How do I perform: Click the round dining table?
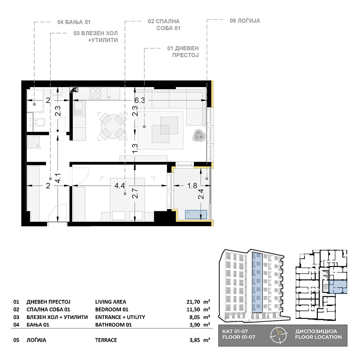tap(113, 126)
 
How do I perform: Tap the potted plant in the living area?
tap(198, 136)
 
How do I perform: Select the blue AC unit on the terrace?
tap(196, 215)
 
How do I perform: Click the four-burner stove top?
tap(95, 93)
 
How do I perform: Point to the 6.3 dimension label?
tap(140, 100)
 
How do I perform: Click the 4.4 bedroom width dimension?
tap(120, 186)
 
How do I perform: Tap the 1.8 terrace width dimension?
tap(192, 185)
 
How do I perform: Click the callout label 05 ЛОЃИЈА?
tap(245, 21)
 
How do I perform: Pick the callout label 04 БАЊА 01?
tap(74, 22)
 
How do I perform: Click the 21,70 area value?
tap(193, 302)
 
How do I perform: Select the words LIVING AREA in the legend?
tap(111, 302)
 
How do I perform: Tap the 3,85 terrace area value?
tap(195, 340)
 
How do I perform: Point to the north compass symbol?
tap(279, 335)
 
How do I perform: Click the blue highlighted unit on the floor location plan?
tap(338, 287)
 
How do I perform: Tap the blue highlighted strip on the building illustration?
tap(257, 282)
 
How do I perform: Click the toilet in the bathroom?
tap(39, 122)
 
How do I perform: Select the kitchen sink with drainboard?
tap(78, 109)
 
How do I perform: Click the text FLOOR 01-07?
tap(239, 337)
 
